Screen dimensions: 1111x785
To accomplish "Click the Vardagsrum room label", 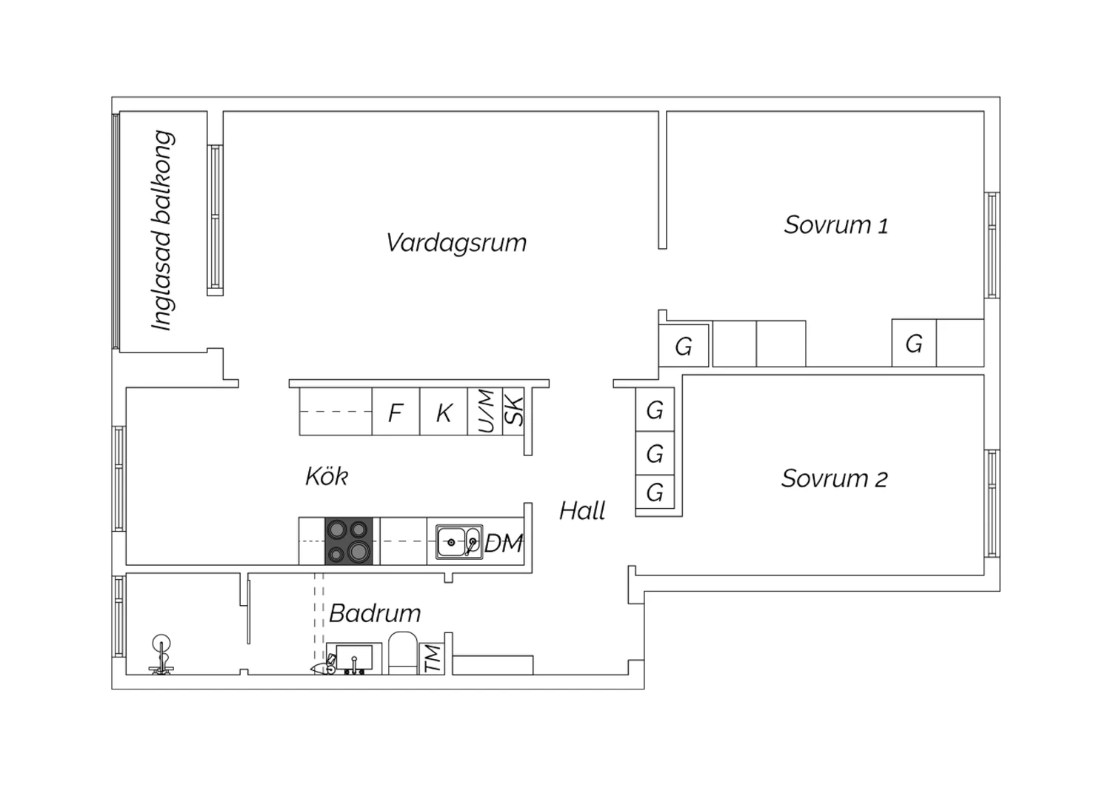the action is pyautogui.click(x=456, y=243).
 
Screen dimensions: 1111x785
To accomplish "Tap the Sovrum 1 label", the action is pyautogui.click(x=836, y=224).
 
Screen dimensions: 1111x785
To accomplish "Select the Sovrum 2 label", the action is pyautogui.click(x=834, y=478).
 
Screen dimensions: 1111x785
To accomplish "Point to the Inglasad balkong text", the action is pyautogui.click(x=162, y=230).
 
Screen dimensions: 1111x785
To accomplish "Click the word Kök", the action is pyautogui.click(x=327, y=476).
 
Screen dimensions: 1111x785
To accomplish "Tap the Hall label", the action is pyautogui.click(x=582, y=510).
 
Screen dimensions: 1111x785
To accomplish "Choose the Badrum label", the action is pyautogui.click(x=375, y=613).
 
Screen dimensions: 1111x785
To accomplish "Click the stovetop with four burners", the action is pyautogui.click(x=349, y=541).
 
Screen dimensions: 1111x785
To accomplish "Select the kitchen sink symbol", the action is pyautogui.click(x=459, y=542).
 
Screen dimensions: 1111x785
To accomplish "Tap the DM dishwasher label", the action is pyautogui.click(x=504, y=544).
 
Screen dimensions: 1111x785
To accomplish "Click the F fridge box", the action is pyautogui.click(x=396, y=412).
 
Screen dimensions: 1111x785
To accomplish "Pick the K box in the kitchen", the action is pyautogui.click(x=444, y=412).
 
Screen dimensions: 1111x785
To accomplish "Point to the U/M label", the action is pyautogui.click(x=486, y=411).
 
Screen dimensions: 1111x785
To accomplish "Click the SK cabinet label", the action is pyautogui.click(x=514, y=411).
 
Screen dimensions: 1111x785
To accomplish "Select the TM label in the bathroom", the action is pyautogui.click(x=433, y=659).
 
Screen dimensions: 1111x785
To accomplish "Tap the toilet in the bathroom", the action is pyautogui.click(x=403, y=652).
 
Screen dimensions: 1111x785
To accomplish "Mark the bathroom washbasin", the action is pyautogui.click(x=353, y=658).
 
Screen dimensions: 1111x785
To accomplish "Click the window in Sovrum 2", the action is pyautogui.click(x=992, y=504).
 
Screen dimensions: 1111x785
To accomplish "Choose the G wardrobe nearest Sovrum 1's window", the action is pyautogui.click(x=913, y=343).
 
